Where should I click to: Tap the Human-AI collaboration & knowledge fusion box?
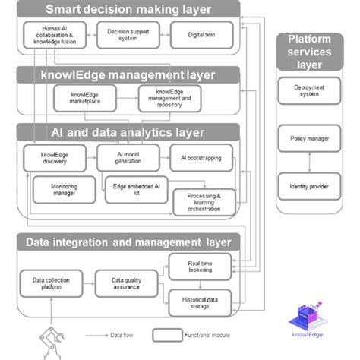coord(51,34)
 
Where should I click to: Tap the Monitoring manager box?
coord(64,189)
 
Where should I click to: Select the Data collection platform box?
coord(51,283)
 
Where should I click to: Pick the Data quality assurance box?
coord(125,283)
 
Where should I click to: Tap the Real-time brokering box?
coord(199,267)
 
